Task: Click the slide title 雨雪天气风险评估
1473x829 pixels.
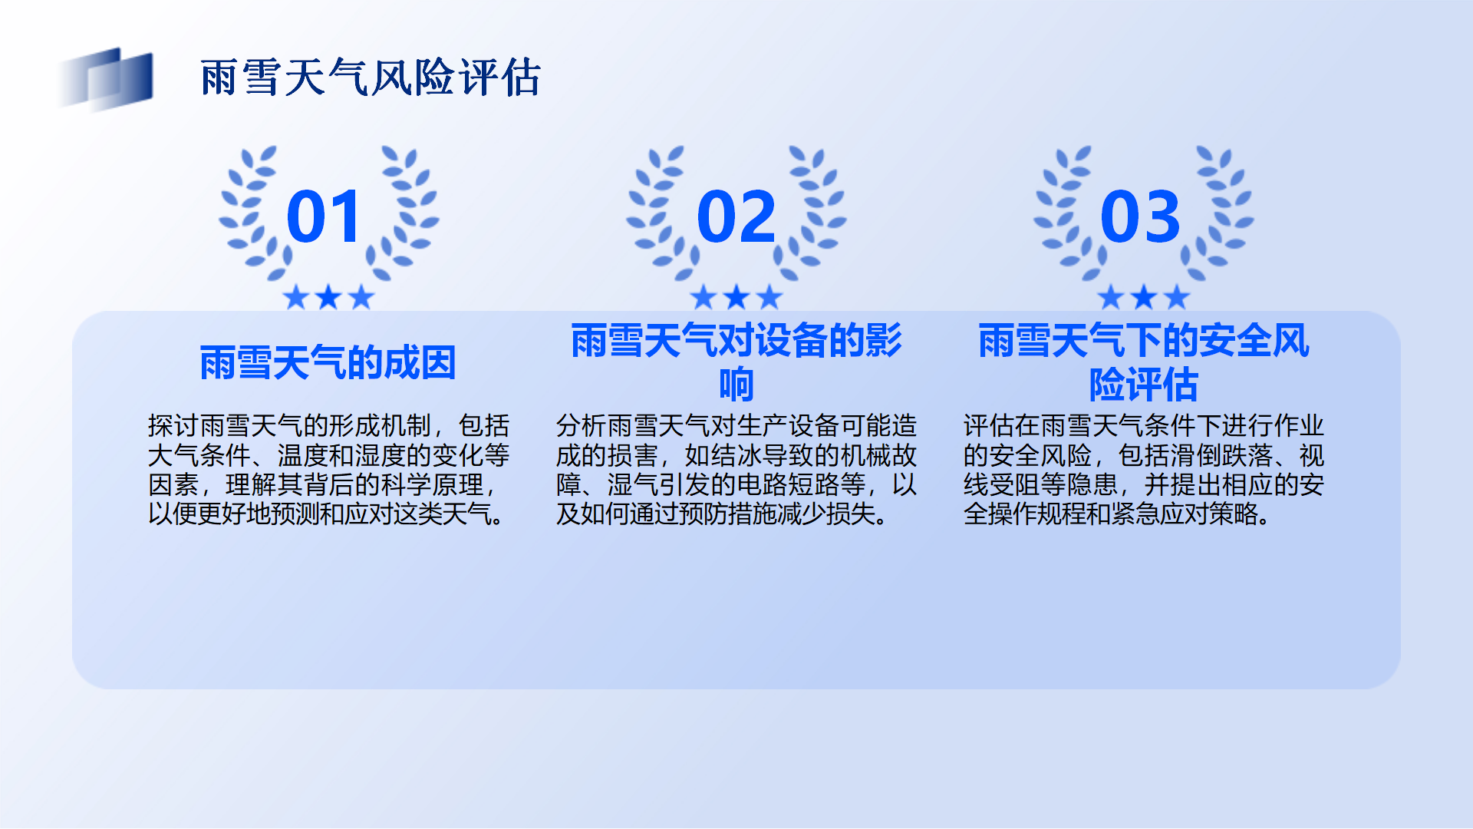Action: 371,78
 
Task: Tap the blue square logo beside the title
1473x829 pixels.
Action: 106,78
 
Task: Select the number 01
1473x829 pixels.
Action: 324,216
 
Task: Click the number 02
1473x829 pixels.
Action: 736,216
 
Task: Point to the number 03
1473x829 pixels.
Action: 1140,216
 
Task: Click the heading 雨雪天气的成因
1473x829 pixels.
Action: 328,362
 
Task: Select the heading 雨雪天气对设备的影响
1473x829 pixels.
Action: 736,362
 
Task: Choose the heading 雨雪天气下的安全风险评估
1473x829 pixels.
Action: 1144,362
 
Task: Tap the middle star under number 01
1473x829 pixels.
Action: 328,296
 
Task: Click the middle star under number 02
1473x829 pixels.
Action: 736,296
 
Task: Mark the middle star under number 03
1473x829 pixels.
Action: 1144,296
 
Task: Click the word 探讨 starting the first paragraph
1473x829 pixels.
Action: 173,425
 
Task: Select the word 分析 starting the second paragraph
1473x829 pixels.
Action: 582,425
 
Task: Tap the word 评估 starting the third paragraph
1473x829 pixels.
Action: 989,425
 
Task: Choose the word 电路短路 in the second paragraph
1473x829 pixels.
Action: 788,484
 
